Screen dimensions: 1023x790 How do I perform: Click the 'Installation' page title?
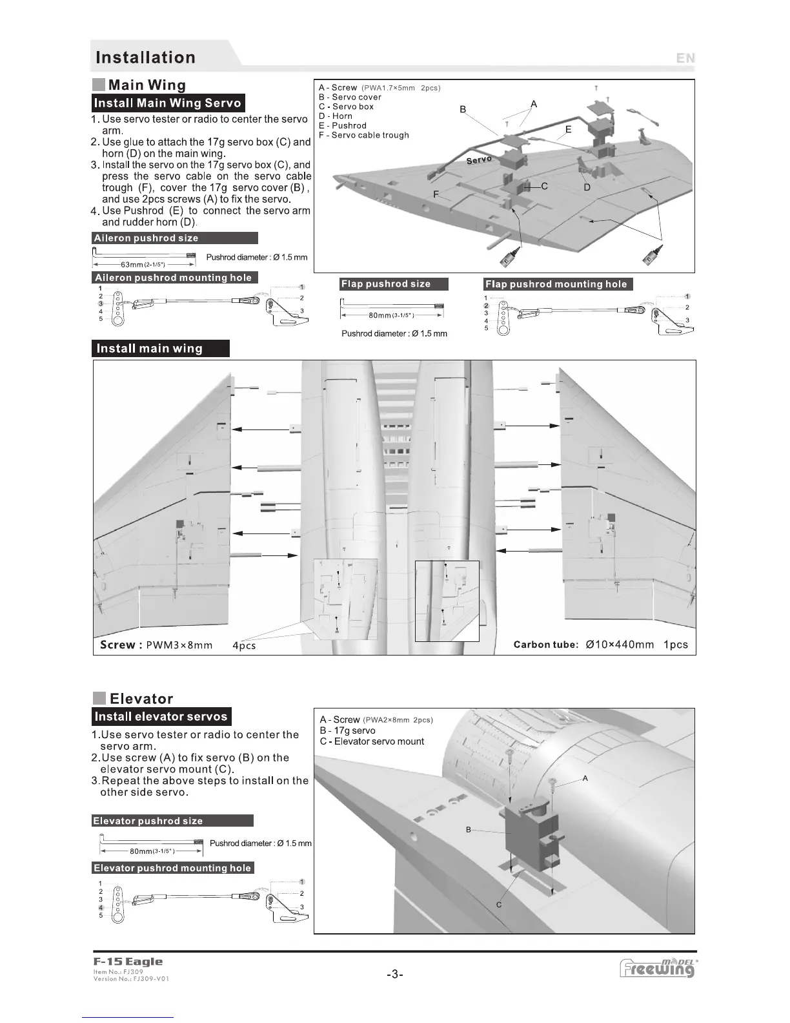[145, 57]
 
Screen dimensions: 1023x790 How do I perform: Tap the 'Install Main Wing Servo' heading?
[168, 103]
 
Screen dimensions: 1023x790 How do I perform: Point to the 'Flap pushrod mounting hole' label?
[556, 284]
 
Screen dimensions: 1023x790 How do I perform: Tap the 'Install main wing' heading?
[150, 349]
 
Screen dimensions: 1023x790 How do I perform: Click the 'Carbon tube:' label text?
[546, 645]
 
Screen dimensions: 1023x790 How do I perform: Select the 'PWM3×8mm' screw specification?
[179, 645]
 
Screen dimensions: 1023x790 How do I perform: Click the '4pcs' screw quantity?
[244, 645]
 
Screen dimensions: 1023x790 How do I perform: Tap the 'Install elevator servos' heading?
[161, 716]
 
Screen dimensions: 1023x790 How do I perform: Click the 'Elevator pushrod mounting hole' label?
[172, 868]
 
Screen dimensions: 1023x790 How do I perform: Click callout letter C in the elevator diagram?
[499, 905]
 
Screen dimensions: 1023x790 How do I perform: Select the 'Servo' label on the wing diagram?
[479, 160]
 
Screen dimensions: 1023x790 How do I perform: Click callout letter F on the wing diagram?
[436, 194]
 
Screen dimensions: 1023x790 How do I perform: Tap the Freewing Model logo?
[657, 968]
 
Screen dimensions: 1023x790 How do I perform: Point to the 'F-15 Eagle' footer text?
[128, 962]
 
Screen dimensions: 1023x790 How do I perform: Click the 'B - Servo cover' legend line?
[350, 97]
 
